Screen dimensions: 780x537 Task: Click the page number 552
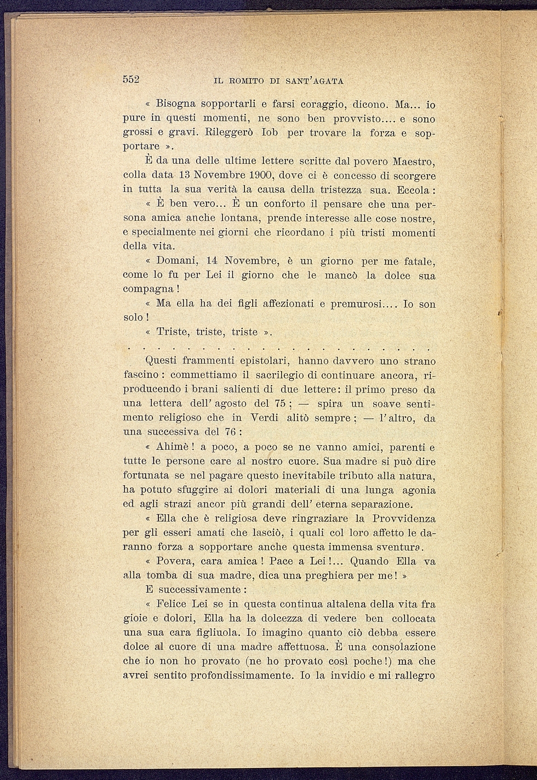coord(132,79)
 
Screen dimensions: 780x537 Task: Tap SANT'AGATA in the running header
coord(314,81)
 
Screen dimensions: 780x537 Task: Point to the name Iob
coord(272,132)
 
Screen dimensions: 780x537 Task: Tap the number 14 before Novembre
coord(212,261)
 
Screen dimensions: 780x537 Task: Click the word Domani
coord(177,261)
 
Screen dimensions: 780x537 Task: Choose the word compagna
coord(148,289)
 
